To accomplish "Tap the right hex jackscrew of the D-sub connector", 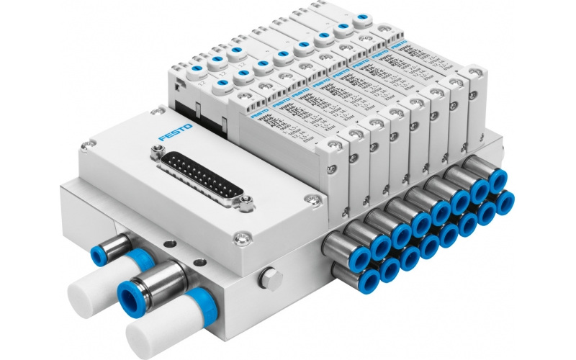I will tap(244, 209).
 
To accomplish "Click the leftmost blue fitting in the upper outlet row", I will tap(356, 250).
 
